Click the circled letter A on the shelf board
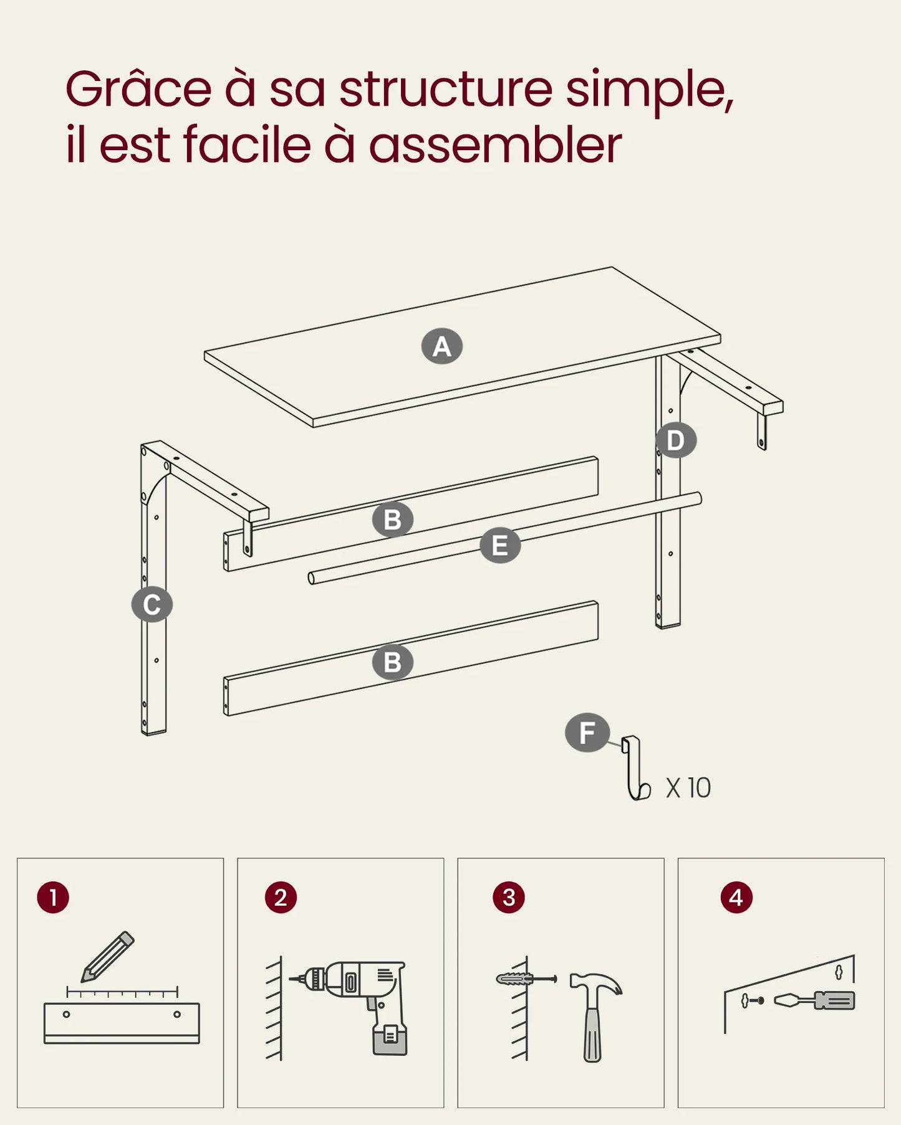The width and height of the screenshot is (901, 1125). [441, 346]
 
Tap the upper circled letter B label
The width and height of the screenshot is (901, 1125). [392, 520]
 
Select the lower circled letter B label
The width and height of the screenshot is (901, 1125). [392, 662]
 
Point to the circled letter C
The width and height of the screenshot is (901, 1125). [152, 604]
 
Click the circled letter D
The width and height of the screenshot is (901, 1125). [676, 440]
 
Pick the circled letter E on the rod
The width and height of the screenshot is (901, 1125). [500, 546]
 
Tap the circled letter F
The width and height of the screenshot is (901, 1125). [587, 733]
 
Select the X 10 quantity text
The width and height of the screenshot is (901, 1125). [688, 788]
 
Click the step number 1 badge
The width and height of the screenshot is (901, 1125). [53, 898]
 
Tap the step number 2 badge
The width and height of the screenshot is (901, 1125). [281, 898]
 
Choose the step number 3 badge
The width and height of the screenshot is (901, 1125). [509, 898]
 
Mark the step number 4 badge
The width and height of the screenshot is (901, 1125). [736, 898]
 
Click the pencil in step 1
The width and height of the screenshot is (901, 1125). [107, 957]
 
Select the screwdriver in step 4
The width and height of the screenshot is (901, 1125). [814, 1000]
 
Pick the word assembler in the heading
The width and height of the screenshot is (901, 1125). [496, 145]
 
